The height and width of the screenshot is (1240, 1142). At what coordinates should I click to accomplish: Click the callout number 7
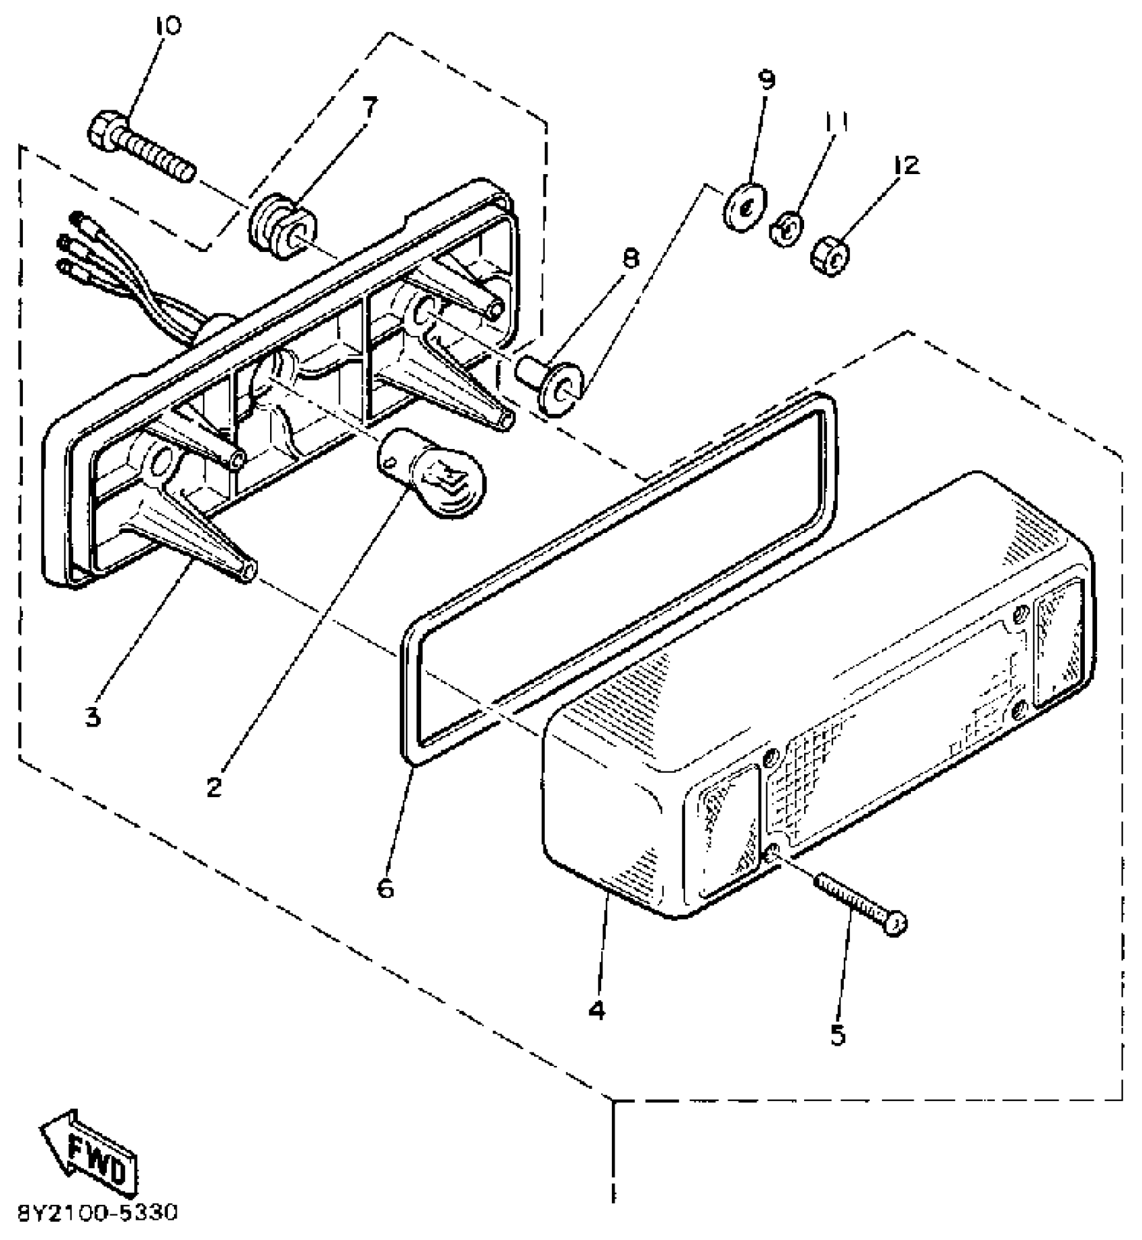pyautogui.click(x=369, y=106)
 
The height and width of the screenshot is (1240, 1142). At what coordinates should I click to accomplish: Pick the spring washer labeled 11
pyautogui.click(x=788, y=231)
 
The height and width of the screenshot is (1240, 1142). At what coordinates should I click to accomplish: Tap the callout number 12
pyautogui.click(x=906, y=165)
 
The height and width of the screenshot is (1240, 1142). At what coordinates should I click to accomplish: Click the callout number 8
pyautogui.click(x=631, y=259)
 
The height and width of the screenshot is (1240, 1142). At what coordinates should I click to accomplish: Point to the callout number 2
pyautogui.click(x=214, y=786)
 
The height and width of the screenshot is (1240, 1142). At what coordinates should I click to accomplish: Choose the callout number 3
pyautogui.click(x=93, y=717)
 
